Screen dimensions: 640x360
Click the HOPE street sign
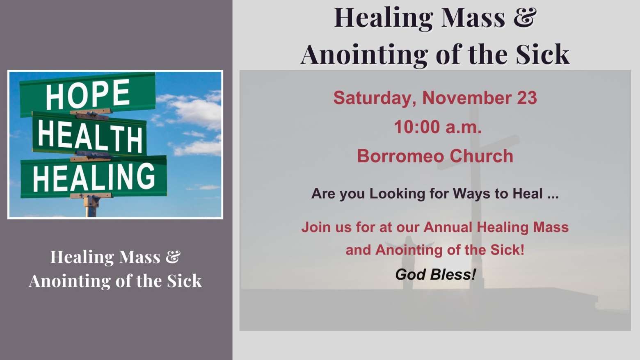(88, 94)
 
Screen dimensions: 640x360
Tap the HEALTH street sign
(89, 134)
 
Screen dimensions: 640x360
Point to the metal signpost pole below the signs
(91, 206)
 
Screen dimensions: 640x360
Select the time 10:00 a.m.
(438, 127)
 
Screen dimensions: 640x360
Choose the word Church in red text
(481, 156)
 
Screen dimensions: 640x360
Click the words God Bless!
(435, 274)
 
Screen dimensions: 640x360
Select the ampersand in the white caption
(173, 257)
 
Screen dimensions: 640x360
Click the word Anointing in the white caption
(70, 281)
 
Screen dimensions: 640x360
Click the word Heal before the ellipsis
(528, 194)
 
